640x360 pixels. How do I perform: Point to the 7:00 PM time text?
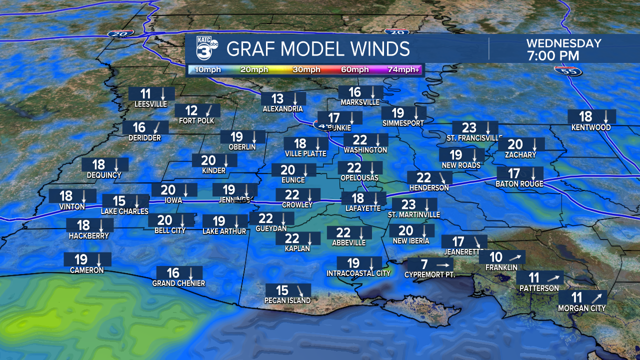coord(552,55)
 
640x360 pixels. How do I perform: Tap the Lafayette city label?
coord(363,208)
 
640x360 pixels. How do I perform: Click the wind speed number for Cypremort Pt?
coord(424,264)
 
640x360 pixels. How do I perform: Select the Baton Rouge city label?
coord(519,184)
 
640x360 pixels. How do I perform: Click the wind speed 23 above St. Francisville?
coord(469,128)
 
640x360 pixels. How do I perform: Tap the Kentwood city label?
coord(591,127)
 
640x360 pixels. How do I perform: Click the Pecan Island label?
coord(288,300)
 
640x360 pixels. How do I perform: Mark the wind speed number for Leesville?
coord(145,93)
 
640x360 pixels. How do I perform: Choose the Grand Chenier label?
coord(178,283)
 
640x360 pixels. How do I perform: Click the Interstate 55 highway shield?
coord(564,71)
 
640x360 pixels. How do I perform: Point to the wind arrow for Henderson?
coord(442,177)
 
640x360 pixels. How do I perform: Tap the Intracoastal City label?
coord(358,273)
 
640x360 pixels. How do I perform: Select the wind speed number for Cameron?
coord(81,259)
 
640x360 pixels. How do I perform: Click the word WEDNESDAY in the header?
coord(563,43)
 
